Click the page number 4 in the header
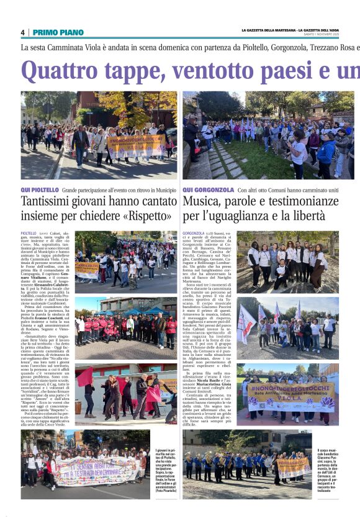23,32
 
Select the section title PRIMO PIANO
58,32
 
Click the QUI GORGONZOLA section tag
209,189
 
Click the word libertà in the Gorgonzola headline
307,216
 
